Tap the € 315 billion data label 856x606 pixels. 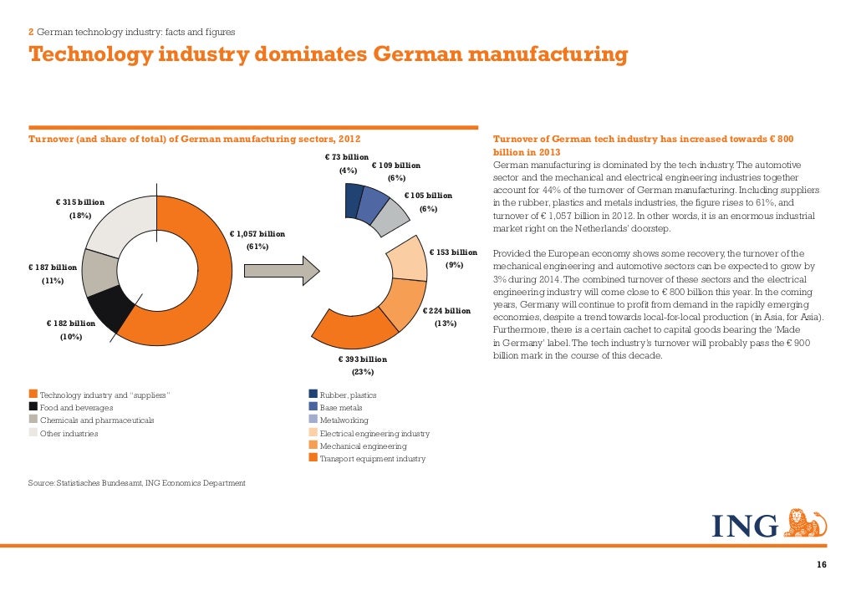click(x=80, y=202)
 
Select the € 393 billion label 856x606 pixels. click(x=363, y=359)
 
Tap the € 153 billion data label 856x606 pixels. click(x=453, y=252)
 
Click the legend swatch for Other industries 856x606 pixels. click(x=33, y=433)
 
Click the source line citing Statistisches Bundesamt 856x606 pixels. click(x=137, y=483)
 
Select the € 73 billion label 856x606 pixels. click(x=346, y=157)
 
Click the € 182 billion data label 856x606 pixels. click(x=70, y=323)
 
